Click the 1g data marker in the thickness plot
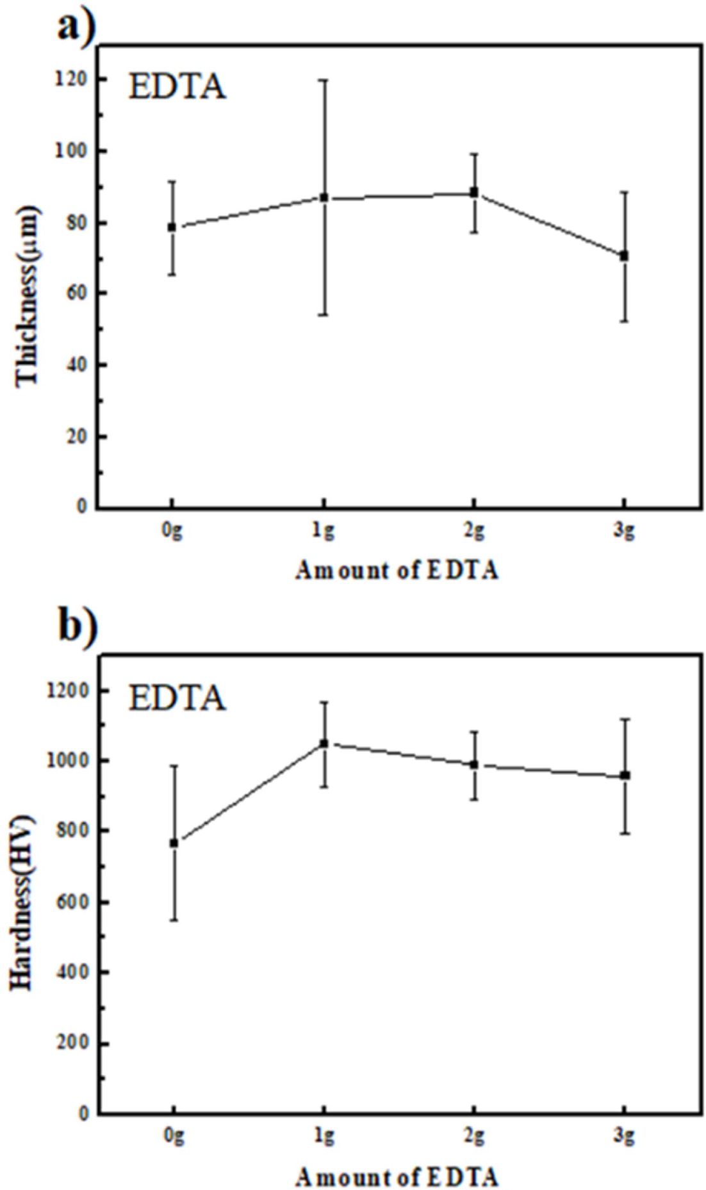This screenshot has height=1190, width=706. click(x=324, y=197)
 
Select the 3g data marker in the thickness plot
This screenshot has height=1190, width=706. click(x=624, y=256)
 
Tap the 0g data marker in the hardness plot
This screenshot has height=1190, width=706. click(x=174, y=843)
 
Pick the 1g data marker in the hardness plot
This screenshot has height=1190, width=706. click(x=324, y=743)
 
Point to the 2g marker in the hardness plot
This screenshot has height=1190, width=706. click(x=474, y=764)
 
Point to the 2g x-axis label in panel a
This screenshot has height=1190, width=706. click(x=474, y=531)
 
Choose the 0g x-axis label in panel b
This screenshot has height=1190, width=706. click(x=174, y=1136)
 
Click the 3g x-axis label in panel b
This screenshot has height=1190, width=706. click(x=624, y=1136)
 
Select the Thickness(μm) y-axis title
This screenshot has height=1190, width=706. click(x=27, y=295)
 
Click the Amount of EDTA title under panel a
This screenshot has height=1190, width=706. click(x=397, y=570)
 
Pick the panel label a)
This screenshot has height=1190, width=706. click(x=77, y=27)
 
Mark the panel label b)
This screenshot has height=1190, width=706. click(x=78, y=626)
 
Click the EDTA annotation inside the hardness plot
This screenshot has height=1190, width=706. click(x=177, y=698)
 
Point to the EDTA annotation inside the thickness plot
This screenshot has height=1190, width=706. click(x=177, y=87)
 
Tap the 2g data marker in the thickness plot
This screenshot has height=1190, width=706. click(x=474, y=192)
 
